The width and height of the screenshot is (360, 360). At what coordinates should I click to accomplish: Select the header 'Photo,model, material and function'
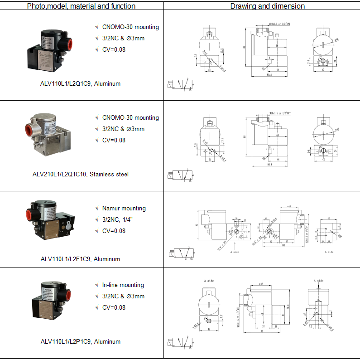coord(81,6)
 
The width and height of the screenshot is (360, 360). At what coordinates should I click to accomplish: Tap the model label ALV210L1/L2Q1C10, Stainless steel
coord(81,174)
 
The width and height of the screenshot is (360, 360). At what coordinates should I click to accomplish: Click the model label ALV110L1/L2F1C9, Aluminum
coord(80,259)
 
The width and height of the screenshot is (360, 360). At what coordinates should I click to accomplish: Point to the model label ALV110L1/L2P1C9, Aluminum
coord(81,341)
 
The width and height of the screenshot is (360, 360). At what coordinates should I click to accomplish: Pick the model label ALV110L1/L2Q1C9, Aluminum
coord(81,83)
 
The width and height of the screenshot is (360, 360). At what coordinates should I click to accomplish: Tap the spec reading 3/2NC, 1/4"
coord(121,219)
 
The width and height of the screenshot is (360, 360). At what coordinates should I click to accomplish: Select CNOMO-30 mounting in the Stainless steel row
coord(130,117)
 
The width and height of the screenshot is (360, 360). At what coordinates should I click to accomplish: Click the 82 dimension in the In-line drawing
coord(262,331)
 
